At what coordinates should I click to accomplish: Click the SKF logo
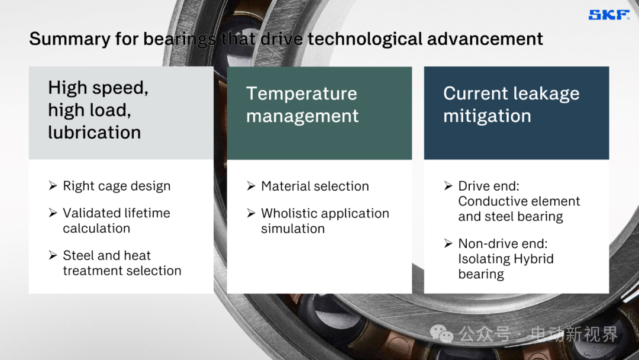click(x=609, y=15)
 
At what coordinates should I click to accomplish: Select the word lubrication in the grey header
click(x=95, y=132)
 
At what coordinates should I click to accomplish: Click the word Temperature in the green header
click(x=302, y=94)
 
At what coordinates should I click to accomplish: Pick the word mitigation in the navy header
click(x=487, y=116)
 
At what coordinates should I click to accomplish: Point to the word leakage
click(x=547, y=94)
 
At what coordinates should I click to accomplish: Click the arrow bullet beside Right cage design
click(x=53, y=186)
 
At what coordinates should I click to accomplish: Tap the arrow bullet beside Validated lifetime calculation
click(x=53, y=213)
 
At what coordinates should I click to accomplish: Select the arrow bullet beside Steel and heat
click(x=53, y=255)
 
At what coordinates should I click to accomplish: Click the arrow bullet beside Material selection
click(x=251, y=186)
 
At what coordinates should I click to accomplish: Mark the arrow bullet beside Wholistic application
click(x=251, y=213)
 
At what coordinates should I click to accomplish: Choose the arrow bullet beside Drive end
click(x=448, y=186)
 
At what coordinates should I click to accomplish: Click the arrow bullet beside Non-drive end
click(x=448, y=243)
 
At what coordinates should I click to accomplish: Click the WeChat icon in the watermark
click(x=442, y=334)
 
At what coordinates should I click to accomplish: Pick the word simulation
click(x=293, y=229)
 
